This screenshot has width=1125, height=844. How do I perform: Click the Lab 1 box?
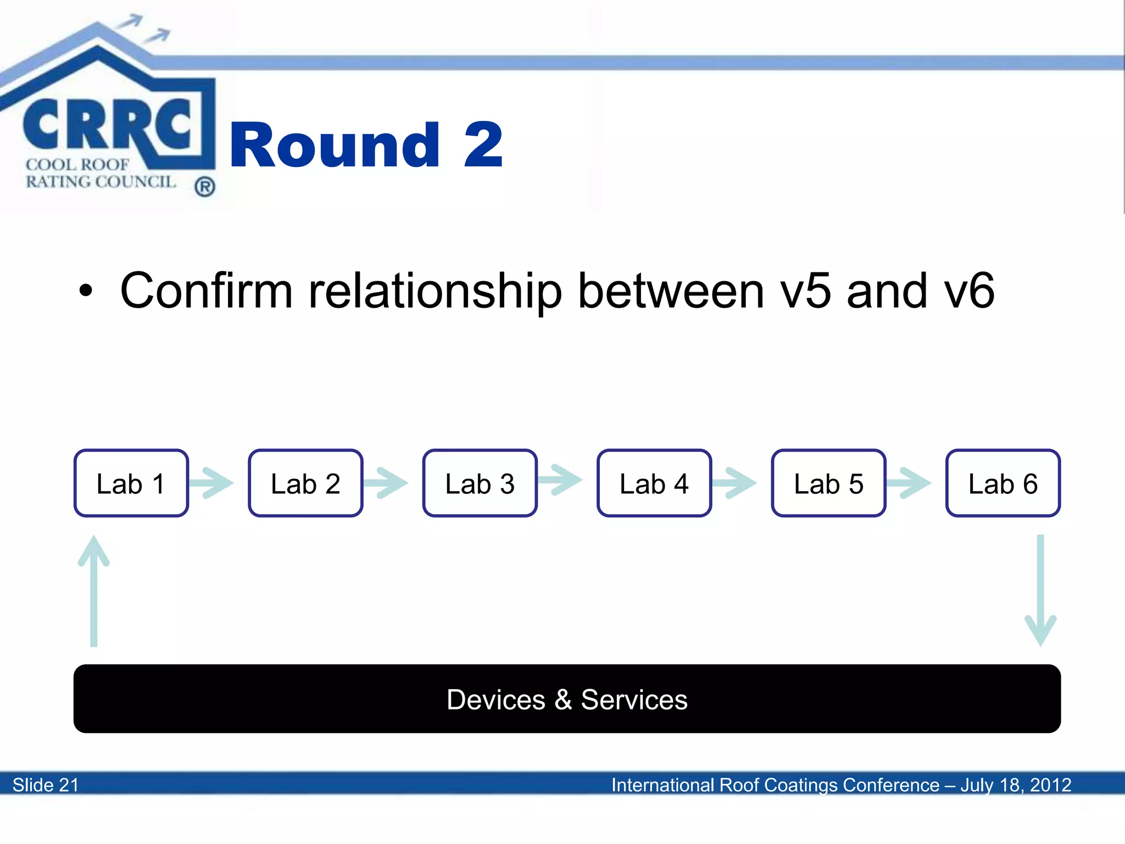131,484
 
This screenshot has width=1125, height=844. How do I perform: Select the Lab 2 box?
305,484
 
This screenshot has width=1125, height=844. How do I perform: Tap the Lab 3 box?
480,484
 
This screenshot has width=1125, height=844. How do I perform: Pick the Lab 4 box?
654,484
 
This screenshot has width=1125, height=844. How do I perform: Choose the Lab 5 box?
828,484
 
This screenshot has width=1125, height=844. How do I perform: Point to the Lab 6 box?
1003,484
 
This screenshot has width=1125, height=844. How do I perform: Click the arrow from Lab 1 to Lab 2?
213,483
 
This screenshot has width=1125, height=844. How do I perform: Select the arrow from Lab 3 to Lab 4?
561,480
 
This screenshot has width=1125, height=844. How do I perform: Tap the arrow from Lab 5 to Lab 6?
910,483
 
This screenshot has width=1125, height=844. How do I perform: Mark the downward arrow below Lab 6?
1040,590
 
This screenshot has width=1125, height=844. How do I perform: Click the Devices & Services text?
567,699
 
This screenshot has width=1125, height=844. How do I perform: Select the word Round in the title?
335,145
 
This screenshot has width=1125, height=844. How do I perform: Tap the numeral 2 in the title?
483,145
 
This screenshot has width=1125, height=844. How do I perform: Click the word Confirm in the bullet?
207,291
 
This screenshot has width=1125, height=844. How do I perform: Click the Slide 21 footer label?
46,785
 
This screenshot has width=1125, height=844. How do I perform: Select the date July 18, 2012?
1016,785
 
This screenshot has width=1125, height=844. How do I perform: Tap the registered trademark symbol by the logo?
204,187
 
